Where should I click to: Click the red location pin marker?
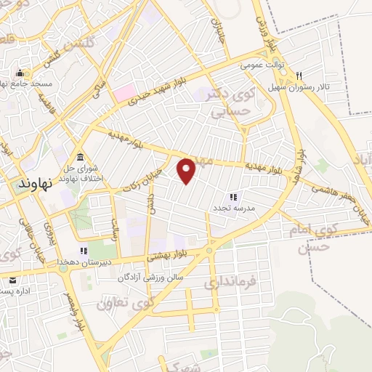(x=187, y=170)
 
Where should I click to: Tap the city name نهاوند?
(x=33, y=185)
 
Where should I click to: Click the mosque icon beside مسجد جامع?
(x=20, y=73)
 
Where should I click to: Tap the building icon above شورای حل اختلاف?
(x=79, y=158)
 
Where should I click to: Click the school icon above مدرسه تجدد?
(x=232, y=196)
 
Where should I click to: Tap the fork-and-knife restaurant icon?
(x=299, y=75)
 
